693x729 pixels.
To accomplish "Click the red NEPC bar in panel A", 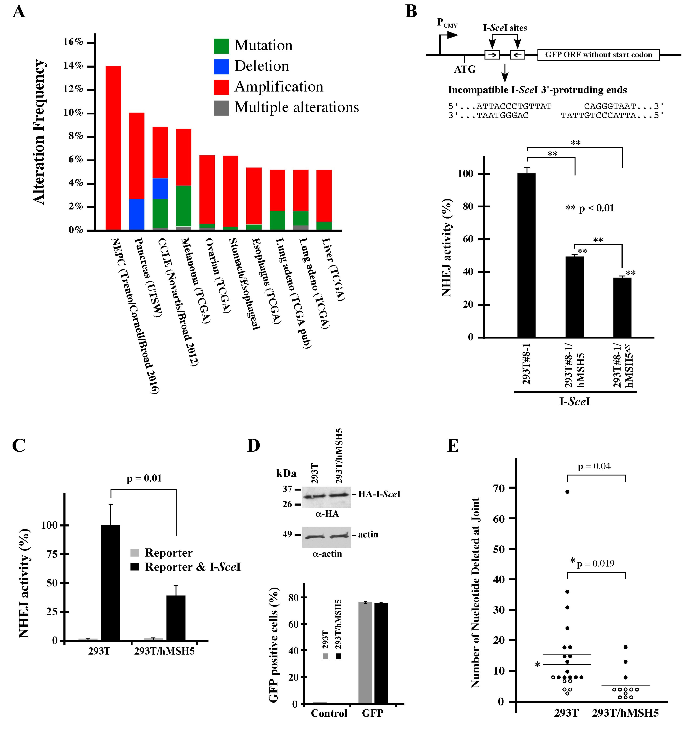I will [x=113, y=148].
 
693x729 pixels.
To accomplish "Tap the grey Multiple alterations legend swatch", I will [x=221, y=108].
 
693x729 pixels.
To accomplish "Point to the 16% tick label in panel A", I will [x=73, y=42].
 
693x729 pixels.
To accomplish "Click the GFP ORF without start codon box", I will [x=598, y=55].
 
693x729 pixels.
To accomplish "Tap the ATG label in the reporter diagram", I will [x=465, y=69].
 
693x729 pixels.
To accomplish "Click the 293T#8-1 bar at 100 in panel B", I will [x=526, y=255].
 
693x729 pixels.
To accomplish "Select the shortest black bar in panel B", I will [x=622, y=307].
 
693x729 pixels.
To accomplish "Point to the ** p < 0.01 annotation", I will [x=590, y=208].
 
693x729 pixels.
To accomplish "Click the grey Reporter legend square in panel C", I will [x=135, y=553].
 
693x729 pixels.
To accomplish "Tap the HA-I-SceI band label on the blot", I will [x=379, y=494].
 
